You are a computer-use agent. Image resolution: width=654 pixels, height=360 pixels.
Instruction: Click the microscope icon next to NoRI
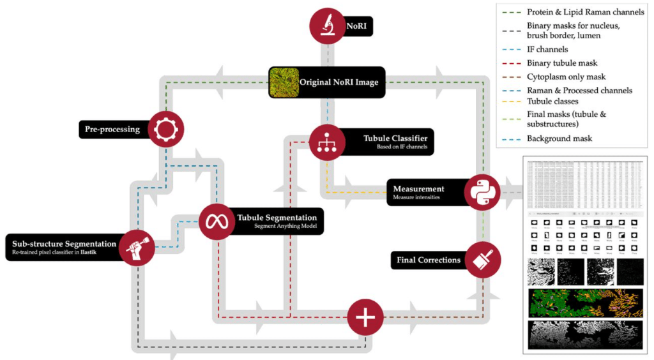click(327, 26)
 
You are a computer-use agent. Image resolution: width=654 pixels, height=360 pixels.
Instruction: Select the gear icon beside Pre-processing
click(165, 129)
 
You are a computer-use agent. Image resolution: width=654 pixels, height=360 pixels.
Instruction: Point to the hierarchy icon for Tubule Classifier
click(327, 142)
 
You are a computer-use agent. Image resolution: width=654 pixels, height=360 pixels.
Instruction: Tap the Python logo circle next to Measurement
click(482, 191)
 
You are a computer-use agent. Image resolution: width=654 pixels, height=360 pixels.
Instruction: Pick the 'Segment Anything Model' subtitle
click(285, 227)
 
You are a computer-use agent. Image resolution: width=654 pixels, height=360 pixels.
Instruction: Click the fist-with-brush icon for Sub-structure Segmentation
click(136, 248)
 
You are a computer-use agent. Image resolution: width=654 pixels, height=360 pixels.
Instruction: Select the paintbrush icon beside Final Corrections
click(482, 260)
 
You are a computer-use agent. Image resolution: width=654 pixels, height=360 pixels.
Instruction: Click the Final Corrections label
click(429, 260)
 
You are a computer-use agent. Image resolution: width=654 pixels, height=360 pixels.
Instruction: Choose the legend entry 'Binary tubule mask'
click(562, 63)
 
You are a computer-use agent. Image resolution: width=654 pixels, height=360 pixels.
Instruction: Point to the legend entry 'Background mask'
click(559, 139)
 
